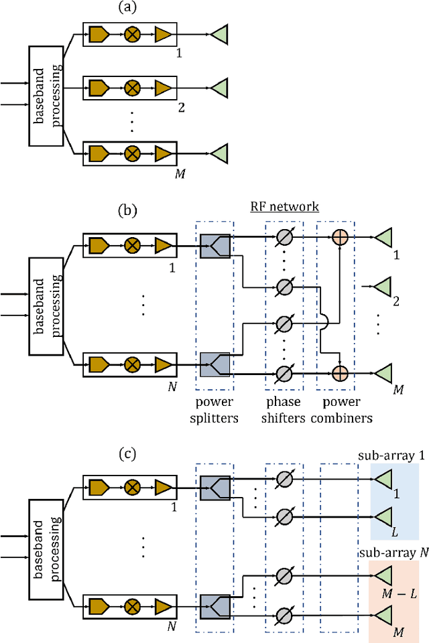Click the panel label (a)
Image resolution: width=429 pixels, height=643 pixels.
tap(127, 8)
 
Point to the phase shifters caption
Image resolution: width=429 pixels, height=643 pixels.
tap(284, 409)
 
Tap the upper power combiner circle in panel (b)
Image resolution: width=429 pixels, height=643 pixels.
tap(340, 236)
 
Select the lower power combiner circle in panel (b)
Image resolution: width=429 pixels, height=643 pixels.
tap(340, 370)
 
